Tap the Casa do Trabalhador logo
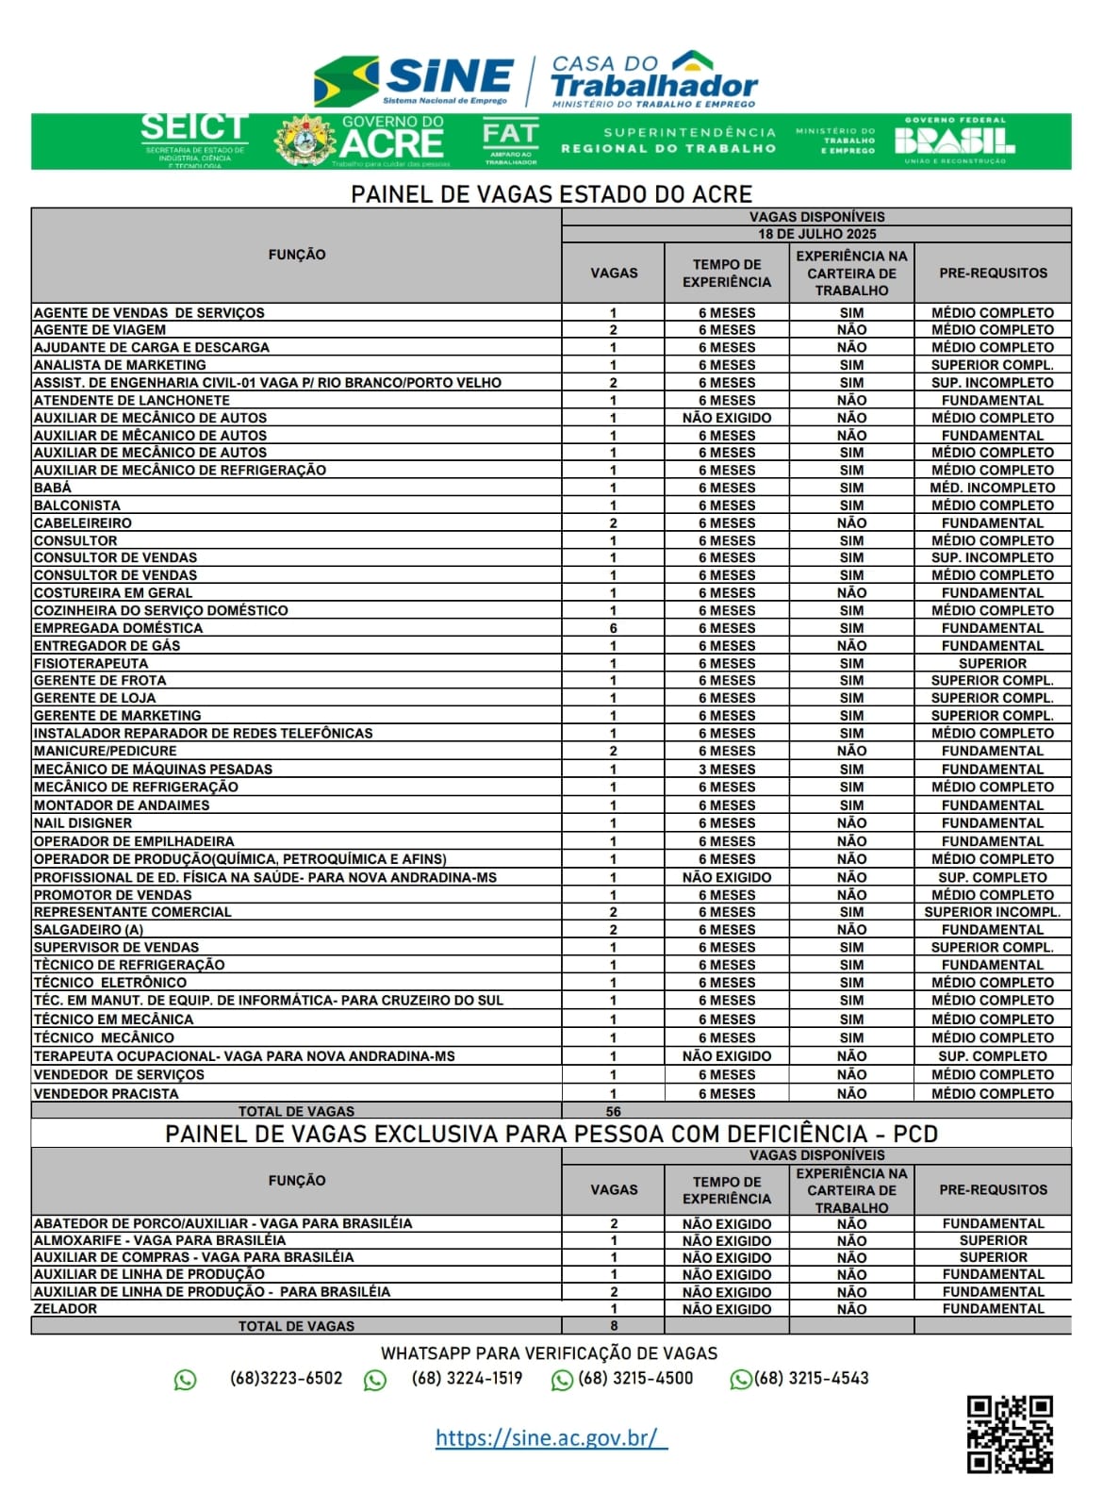click(x=653, y=80)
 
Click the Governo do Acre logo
click(x=359, y=141)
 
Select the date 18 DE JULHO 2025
click(x=816, y=234)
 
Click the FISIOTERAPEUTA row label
click(x=91, y=663)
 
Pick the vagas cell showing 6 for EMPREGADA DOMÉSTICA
click(x=614, y=628)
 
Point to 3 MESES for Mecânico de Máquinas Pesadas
click(x=727, y=770)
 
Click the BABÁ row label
click(x=53, y=488)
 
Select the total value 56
click(x=614, y=1111)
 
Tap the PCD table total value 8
click(x=614, y=1326)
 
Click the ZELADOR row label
click(x=65, y=1309)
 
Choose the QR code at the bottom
click(x=1010, y=1434)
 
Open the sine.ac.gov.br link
click(x=551, y=1437)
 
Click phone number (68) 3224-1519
click(x=467, y=1378)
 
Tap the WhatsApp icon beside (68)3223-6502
click(x=186, y=1380)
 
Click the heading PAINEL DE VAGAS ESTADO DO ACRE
click(x=551, y=194)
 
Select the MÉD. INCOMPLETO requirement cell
click(x=993, y=488)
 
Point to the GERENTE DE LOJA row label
click(x=94, y=698)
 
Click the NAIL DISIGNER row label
click(x=83, y=823)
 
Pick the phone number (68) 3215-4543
click(x=811, y=1378)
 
